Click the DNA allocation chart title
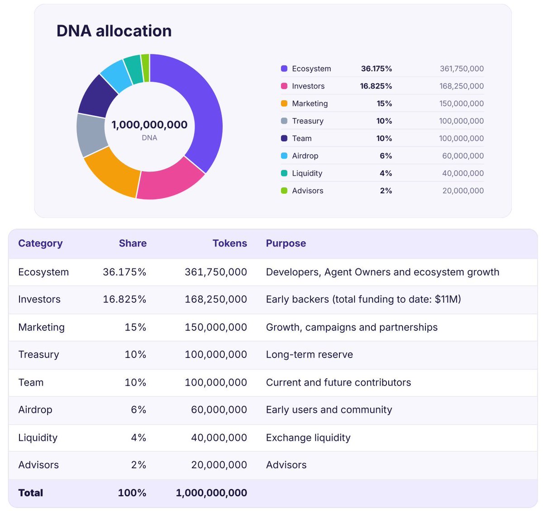click(114, 31)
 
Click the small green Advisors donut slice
click(145, 68)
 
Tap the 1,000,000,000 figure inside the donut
click(149, 125)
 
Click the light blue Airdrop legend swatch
click(284, 156)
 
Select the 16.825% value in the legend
click(376, 86)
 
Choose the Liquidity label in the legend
click(307, 173)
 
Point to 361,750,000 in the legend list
click(462, 68)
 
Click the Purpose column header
click(286, 243)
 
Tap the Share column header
click(133, 243)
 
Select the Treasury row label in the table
click(38, 354)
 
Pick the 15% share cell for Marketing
click(135, 327)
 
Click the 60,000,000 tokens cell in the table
click(219, 410)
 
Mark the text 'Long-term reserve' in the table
click(309, 354)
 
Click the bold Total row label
click(31, 493)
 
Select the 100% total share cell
click(132, 493)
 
